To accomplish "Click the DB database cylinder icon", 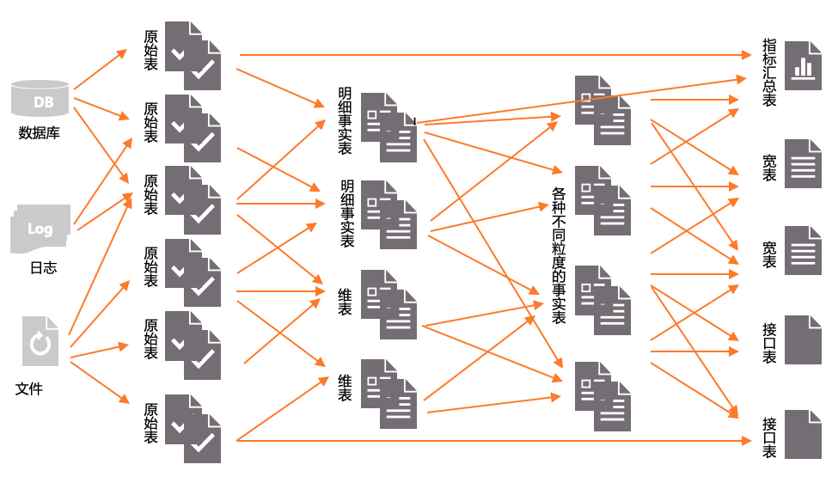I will [x=40, y=99].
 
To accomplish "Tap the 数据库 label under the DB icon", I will [x=40, y=133].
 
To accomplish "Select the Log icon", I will [x=40, y=229].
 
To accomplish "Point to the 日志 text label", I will [x=43, y=267].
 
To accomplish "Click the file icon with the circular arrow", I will [x=40, y=341].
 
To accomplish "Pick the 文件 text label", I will [x=29, y=388].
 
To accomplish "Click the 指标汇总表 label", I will [x=769, y=72].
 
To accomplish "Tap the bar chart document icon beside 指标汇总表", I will [x=803, y=65].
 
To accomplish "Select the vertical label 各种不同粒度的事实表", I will [x=559, y=255].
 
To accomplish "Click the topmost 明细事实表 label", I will [x=345, y=120].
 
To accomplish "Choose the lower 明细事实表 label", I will [x=347, y=214].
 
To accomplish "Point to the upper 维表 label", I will [x=346, y=302].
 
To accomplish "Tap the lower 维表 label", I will [x=346, y=388].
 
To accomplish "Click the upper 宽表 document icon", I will [x=803, y=163].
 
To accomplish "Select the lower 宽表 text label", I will [x=769, y=254].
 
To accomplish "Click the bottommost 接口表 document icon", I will [x=803, y=434].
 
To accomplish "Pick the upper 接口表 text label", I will [x=769, y=342].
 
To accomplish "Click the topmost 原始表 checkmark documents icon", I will [x=193, y=56].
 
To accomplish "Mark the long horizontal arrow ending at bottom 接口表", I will [x=490, y=441].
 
